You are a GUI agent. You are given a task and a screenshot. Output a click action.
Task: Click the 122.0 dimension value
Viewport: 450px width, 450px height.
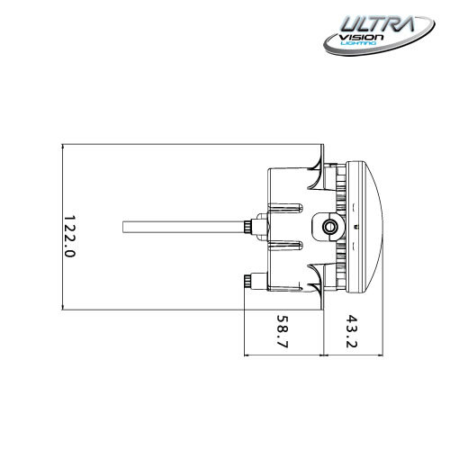[x=69, y=236]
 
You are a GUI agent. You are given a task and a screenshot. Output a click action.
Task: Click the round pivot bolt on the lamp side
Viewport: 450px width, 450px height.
[x=331, y=225]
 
